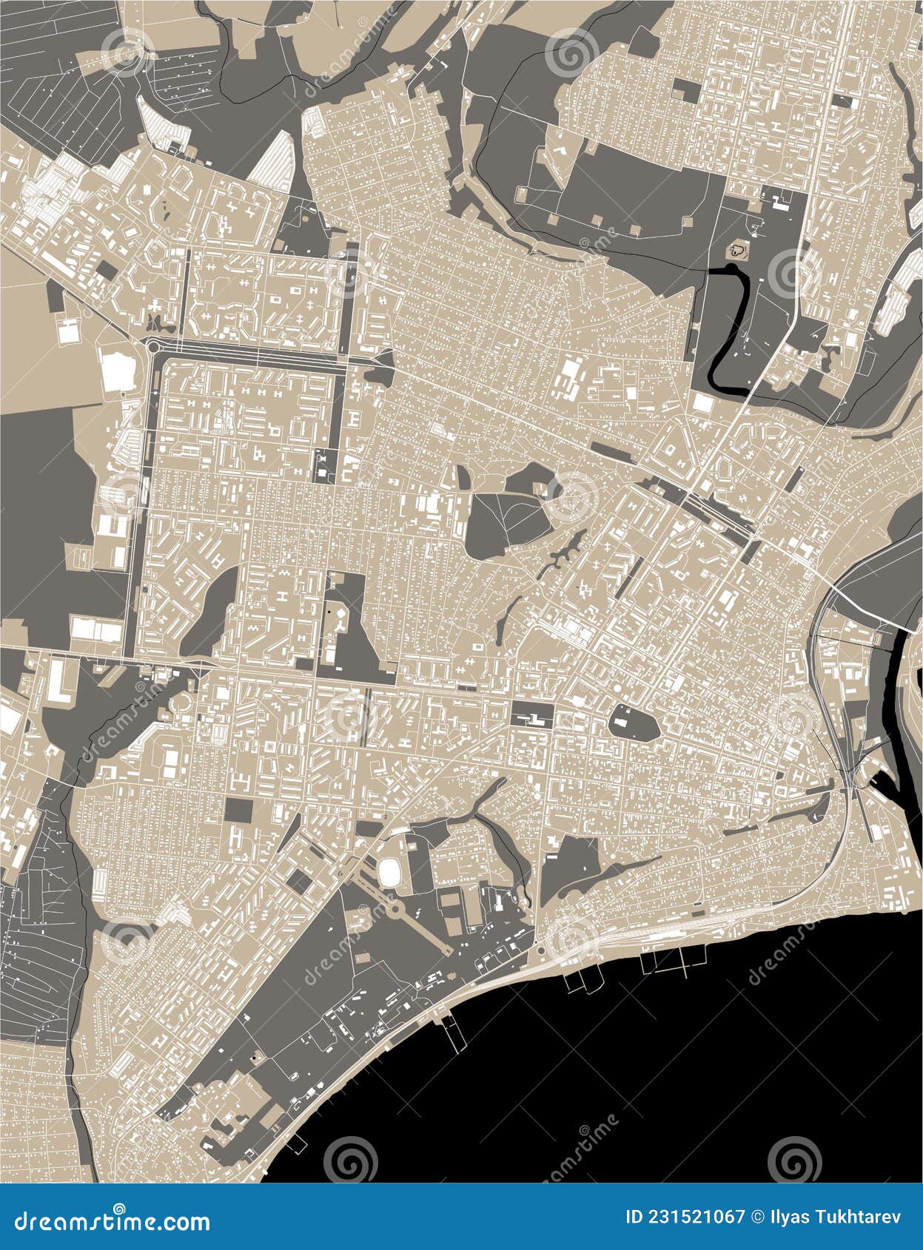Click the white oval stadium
coord(390,871)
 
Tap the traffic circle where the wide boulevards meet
coord(155,345)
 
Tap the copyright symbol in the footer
coord(756,1217)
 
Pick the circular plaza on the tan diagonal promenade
coord(395,908)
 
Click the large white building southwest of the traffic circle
coord(115,371)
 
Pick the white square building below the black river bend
coord(702,404)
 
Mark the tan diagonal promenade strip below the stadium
coord(422,932)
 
